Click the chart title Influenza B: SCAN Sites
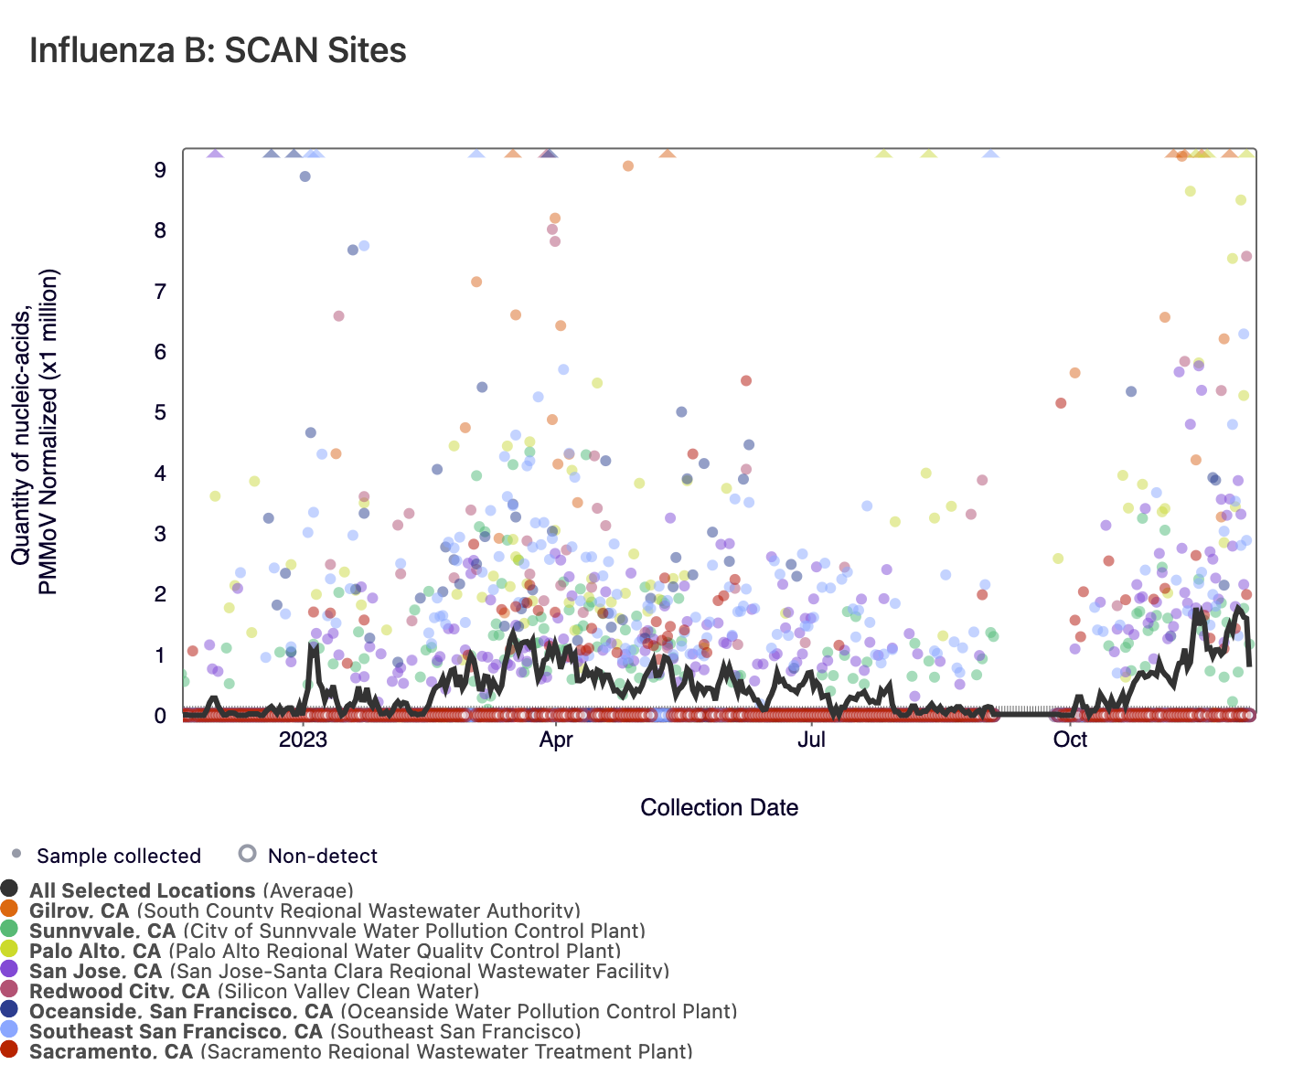(218, 50)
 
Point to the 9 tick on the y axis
(160, 170)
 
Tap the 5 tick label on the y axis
(160, 412)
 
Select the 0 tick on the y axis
(160, 716)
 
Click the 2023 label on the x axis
(303, 740)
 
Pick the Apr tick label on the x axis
(556, 740)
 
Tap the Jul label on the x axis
(811, 740)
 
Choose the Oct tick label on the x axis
(1070, 740)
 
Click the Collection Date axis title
(719, 808)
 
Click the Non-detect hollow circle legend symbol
(247, 855)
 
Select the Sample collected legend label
(119, 857)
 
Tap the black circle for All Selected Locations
(10, 889)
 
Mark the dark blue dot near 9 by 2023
(305, 176)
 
